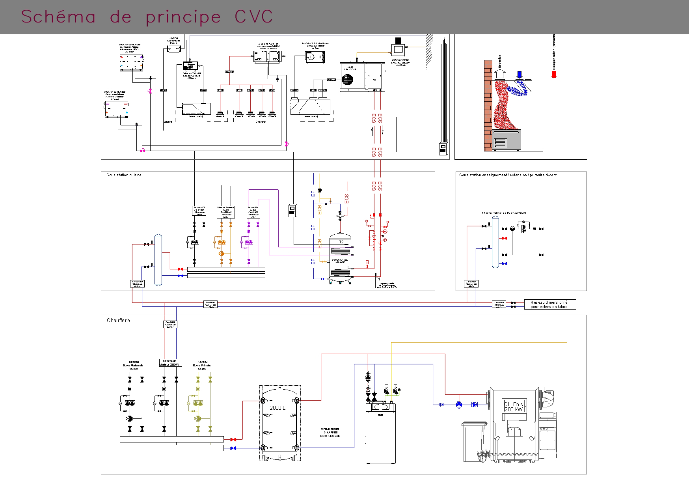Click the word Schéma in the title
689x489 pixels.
[x=58, y=17]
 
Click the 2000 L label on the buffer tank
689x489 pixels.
[x=277, y=408]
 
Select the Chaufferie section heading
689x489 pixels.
[x=118, y=321]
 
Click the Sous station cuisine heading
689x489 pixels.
[x=124, y=175]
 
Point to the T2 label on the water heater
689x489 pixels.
[x=341, y=242]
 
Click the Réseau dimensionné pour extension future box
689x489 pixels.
[x=550, y=304]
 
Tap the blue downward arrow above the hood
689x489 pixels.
[x=520, y=75]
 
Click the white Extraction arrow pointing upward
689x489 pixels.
[x=500, y=73]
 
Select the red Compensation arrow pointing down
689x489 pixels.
[x=554, y=74]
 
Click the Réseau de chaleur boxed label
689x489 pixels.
[x=170, y=363]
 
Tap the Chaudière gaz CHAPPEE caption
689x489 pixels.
[x=330, y=432]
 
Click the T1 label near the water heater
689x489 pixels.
[x=378, y=279]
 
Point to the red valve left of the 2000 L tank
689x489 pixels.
[x=233, y=439]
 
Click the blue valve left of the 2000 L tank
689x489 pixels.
[x=233, y=448]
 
